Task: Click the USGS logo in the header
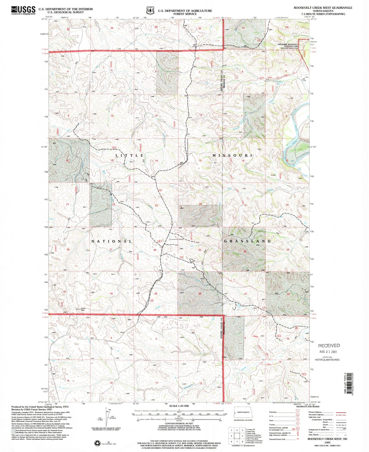pos(23,10)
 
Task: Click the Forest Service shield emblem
pos(150,10)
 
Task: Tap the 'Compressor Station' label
pos(176,239)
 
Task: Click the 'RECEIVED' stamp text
pos(329,345)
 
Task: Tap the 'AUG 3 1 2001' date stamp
pos(328,351)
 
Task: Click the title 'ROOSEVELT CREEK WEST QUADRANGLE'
pos(323,8)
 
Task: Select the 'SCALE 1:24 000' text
pos(179,406)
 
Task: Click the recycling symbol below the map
pos(97,443)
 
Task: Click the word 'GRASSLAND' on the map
pos(247,241)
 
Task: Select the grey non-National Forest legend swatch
pos(13,431)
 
